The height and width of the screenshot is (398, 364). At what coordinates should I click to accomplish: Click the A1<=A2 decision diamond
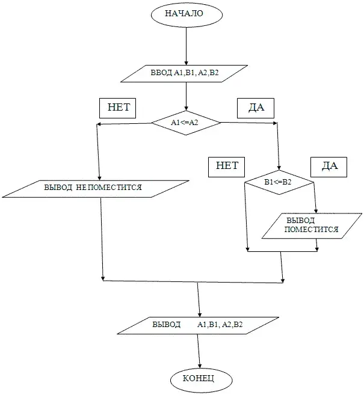pyautogui.click(x=185, y=123)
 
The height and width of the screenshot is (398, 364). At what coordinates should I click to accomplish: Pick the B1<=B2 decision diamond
pyautogui.click(x=279, y=181)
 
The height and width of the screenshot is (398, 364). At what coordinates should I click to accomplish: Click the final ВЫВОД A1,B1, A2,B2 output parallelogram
pyautogui.click(x=197, y=325)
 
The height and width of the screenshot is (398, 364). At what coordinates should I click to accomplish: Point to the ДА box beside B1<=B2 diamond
pyautogui.click(x=330, y=166)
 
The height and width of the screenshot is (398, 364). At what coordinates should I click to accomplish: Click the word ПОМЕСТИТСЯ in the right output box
pyautogui.click(x=311, y=230)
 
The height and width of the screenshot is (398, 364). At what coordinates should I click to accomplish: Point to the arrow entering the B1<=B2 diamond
pyautogui.click(x=278, y=147)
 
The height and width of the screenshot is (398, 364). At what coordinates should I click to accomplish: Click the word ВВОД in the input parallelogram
pyautogui.click(x=161, y=73)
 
